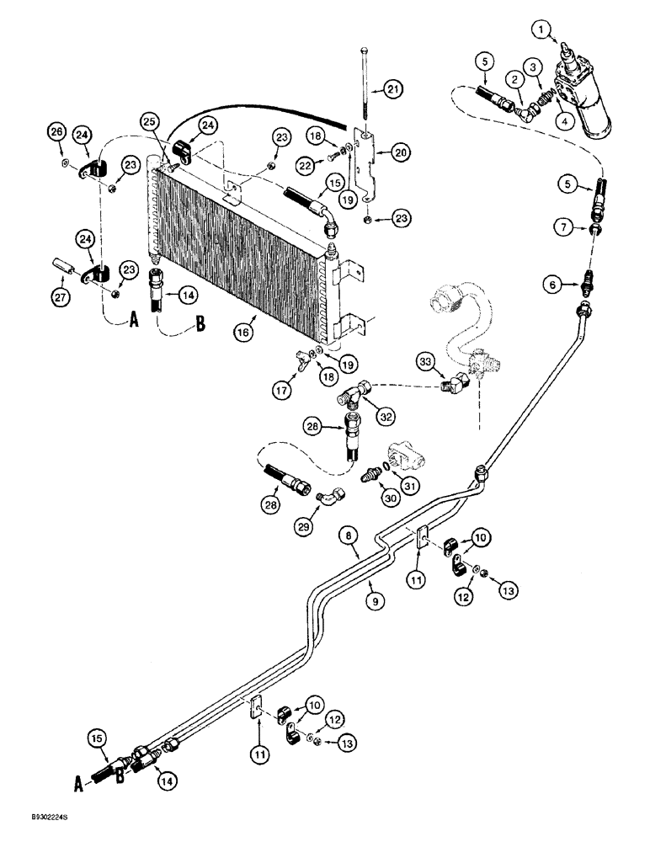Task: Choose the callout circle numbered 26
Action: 56,131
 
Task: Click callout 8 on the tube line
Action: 350,533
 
